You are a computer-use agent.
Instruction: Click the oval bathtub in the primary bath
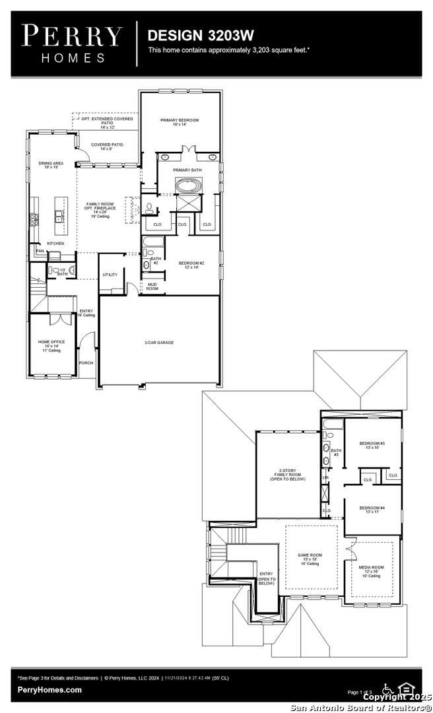pyautogui.click(x=189, y=186)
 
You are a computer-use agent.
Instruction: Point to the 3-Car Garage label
pyautogui.click(x=159, y=342)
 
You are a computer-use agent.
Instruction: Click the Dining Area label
pyautogui.click(x=51, y=165)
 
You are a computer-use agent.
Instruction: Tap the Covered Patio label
pyautogui.click(x=107, y=147)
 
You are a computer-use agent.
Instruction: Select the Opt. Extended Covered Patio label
pyautogui.click(x=107, y=122)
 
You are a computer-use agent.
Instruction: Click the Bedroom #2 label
pyautogui.click(x=192, y=265)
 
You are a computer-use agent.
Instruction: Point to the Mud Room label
pyautogui.click(x=152, y=287)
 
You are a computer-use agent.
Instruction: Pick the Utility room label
pyautogui.click(x=110, y=275)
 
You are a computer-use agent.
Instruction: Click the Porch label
pyautogui.click(x=86, y=362)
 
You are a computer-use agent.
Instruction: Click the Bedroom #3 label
pyautogui.click(x=372, y=445)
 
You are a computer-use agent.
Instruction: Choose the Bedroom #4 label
pyautogui.click(x=372, y=509)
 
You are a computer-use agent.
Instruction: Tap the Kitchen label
pyautogui.click(x=55, y=244)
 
